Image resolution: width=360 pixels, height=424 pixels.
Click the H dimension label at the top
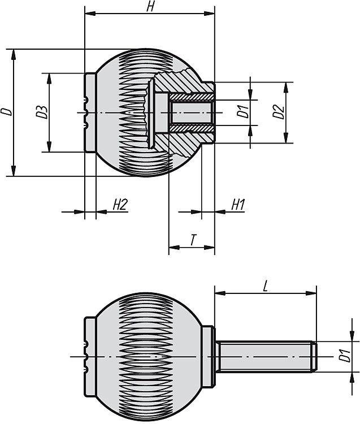(150, 6)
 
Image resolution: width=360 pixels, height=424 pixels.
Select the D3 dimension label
(42, 112)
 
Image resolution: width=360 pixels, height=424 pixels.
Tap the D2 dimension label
(278, 113)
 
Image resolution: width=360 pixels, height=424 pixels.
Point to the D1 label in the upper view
(242, 112)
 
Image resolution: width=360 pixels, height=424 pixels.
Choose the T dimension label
(193, 240)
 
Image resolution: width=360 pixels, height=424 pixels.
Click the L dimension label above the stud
(266, 286)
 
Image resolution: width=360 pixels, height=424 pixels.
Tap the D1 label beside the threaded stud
(344, 356)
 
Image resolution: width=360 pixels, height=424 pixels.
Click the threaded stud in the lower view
(266, 357)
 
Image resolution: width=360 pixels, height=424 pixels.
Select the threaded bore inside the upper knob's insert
(191, 113)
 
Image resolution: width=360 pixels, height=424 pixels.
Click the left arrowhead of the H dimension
(90, 14)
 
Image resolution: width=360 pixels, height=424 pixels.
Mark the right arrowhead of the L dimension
(311, 293)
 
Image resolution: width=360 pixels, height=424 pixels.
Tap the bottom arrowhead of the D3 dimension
(49, 146)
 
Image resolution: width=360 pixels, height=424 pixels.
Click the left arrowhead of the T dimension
(174, 247)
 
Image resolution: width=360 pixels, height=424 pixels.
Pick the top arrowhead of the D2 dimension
(286, 87)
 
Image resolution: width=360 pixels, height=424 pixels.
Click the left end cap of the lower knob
(90, 357)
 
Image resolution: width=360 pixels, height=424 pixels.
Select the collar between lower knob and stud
(209, 357)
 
